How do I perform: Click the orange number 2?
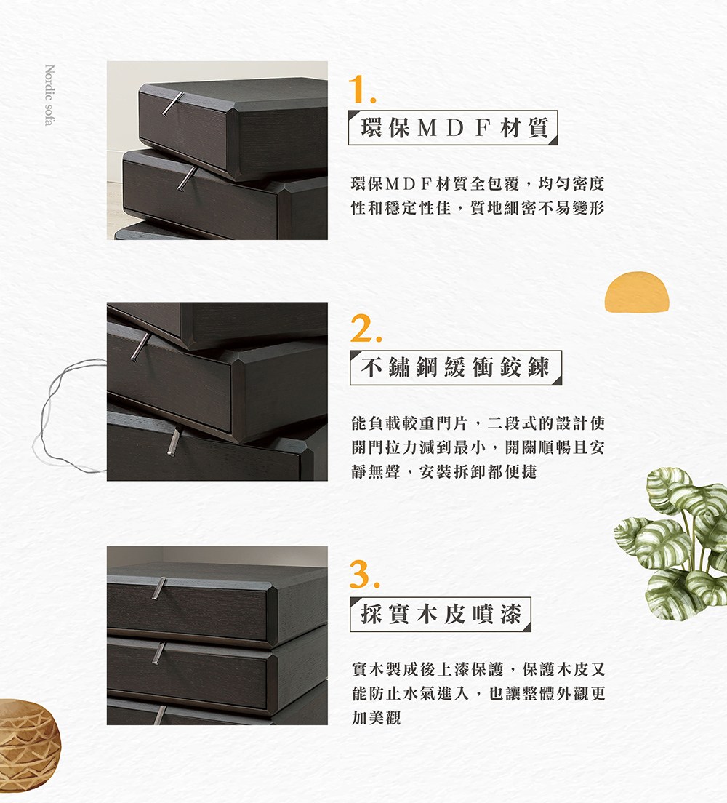362,331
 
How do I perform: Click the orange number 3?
363,575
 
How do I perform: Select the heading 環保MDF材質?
454,128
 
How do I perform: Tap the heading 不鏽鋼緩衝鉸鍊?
456,369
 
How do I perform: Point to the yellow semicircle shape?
636,292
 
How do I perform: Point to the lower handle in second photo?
173,443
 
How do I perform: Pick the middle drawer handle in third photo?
158,652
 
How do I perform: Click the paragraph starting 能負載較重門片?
477,447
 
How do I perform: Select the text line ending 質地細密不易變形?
477,209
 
